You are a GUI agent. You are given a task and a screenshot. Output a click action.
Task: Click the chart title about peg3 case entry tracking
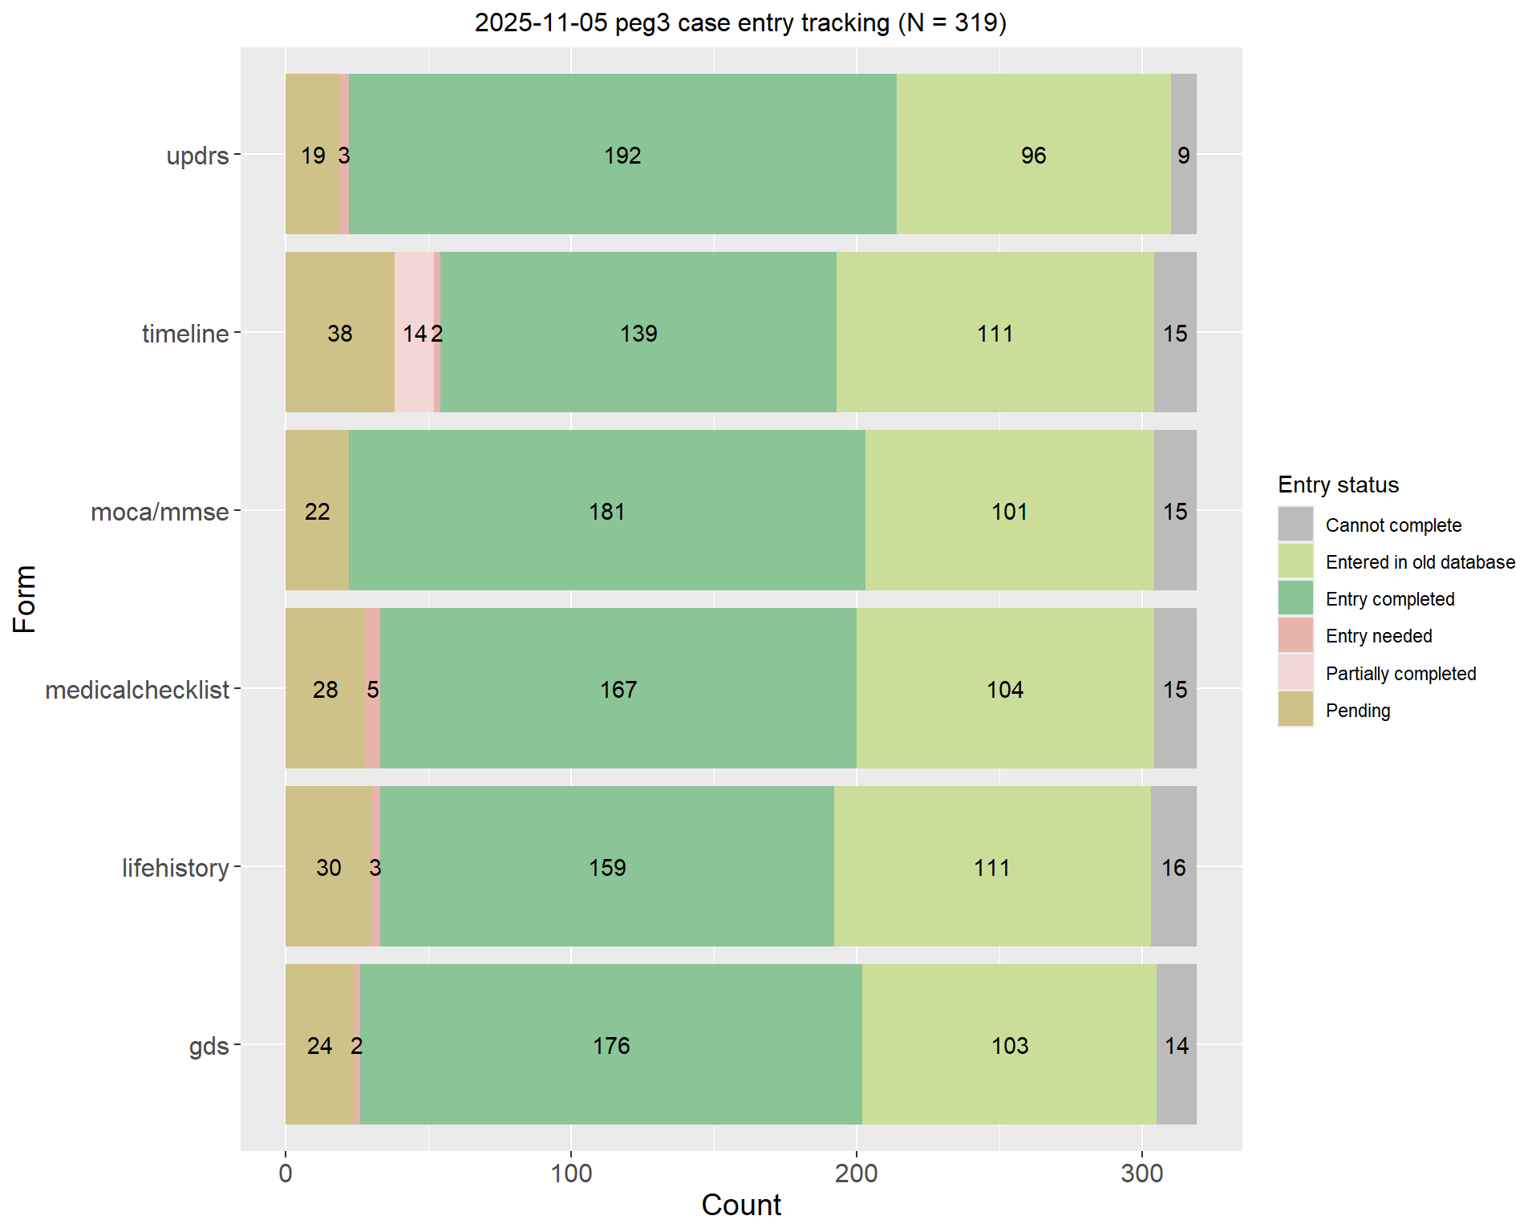[740, 22]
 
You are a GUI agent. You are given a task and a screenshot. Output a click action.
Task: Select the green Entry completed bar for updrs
[622, 192]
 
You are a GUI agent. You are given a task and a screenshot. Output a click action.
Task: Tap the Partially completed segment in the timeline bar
[414, 369]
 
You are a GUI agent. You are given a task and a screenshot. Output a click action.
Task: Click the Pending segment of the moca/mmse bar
[317, 545]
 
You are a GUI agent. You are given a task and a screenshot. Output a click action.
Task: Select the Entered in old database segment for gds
[1009, 1083]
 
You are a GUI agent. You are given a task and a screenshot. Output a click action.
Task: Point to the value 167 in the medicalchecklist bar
[618, 690]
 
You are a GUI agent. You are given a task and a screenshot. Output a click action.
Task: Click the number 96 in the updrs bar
[1033, 156]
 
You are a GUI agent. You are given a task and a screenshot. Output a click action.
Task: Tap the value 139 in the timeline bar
[638, 334]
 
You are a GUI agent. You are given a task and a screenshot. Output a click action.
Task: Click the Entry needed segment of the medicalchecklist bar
[373, 722]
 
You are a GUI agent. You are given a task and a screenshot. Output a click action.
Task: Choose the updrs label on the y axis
[197, 156]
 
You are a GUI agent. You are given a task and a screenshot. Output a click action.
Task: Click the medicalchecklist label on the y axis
[137, 690]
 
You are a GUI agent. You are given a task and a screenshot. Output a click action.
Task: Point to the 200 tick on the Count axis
[856, 1173]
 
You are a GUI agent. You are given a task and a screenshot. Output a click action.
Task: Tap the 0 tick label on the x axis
[286, 1173]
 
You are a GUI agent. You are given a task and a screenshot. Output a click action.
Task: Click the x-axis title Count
[740, 1205]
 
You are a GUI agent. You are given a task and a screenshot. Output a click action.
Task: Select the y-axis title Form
[25, 598]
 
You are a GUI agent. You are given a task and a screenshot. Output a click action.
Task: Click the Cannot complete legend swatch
[1295, 525]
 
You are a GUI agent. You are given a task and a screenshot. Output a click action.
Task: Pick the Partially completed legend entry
[1400, 674]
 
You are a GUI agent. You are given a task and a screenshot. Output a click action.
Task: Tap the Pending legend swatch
[1295, 710]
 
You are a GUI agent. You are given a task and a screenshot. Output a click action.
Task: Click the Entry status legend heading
[1338, 484]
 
